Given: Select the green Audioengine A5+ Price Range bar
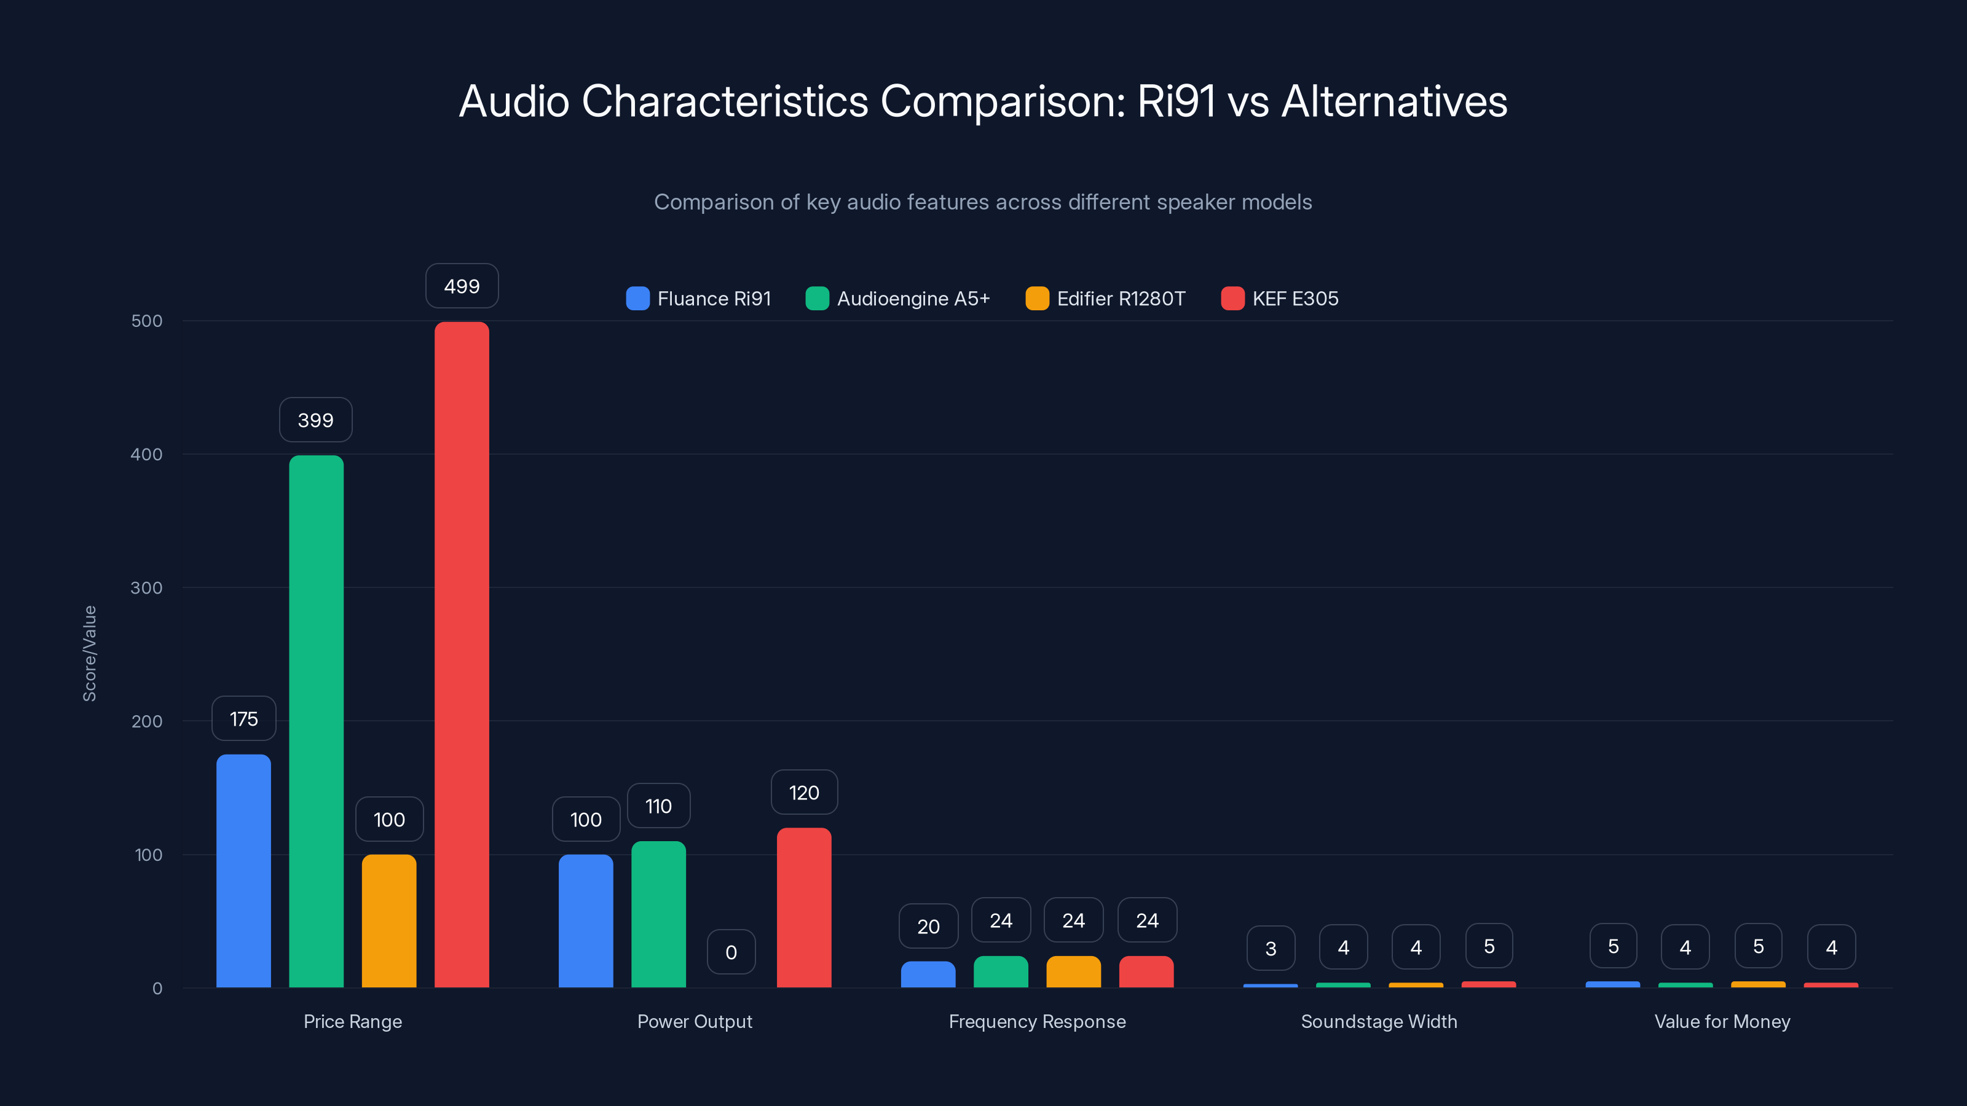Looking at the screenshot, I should tap(316, 721).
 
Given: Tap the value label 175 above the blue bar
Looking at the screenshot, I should tap(243, 718).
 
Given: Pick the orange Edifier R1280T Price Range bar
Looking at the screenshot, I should tap(388, 920).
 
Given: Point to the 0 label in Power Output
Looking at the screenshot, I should tap(731, 952).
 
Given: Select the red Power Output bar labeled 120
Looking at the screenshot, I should tap(803, 908).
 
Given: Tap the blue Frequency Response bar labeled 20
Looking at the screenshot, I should tap(928, 974).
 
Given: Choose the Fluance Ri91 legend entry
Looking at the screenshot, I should tap(699, 299).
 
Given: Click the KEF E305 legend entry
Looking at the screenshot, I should tap(1280, 299).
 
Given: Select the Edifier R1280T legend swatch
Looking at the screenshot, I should tap(1037, 299).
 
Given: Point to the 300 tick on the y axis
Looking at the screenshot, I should tap(147, 588).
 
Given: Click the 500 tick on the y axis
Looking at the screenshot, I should tap(147, 321).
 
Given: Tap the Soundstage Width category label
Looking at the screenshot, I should tap(1379, 1021).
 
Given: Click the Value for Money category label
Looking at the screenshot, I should tap(1722, 1021).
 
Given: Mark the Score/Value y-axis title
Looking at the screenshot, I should tap(89, 653).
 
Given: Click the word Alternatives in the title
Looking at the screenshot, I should tap(1393, 101).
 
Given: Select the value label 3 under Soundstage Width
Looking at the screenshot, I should tap(1271, 948).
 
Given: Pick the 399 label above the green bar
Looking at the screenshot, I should tap(315, 420).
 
